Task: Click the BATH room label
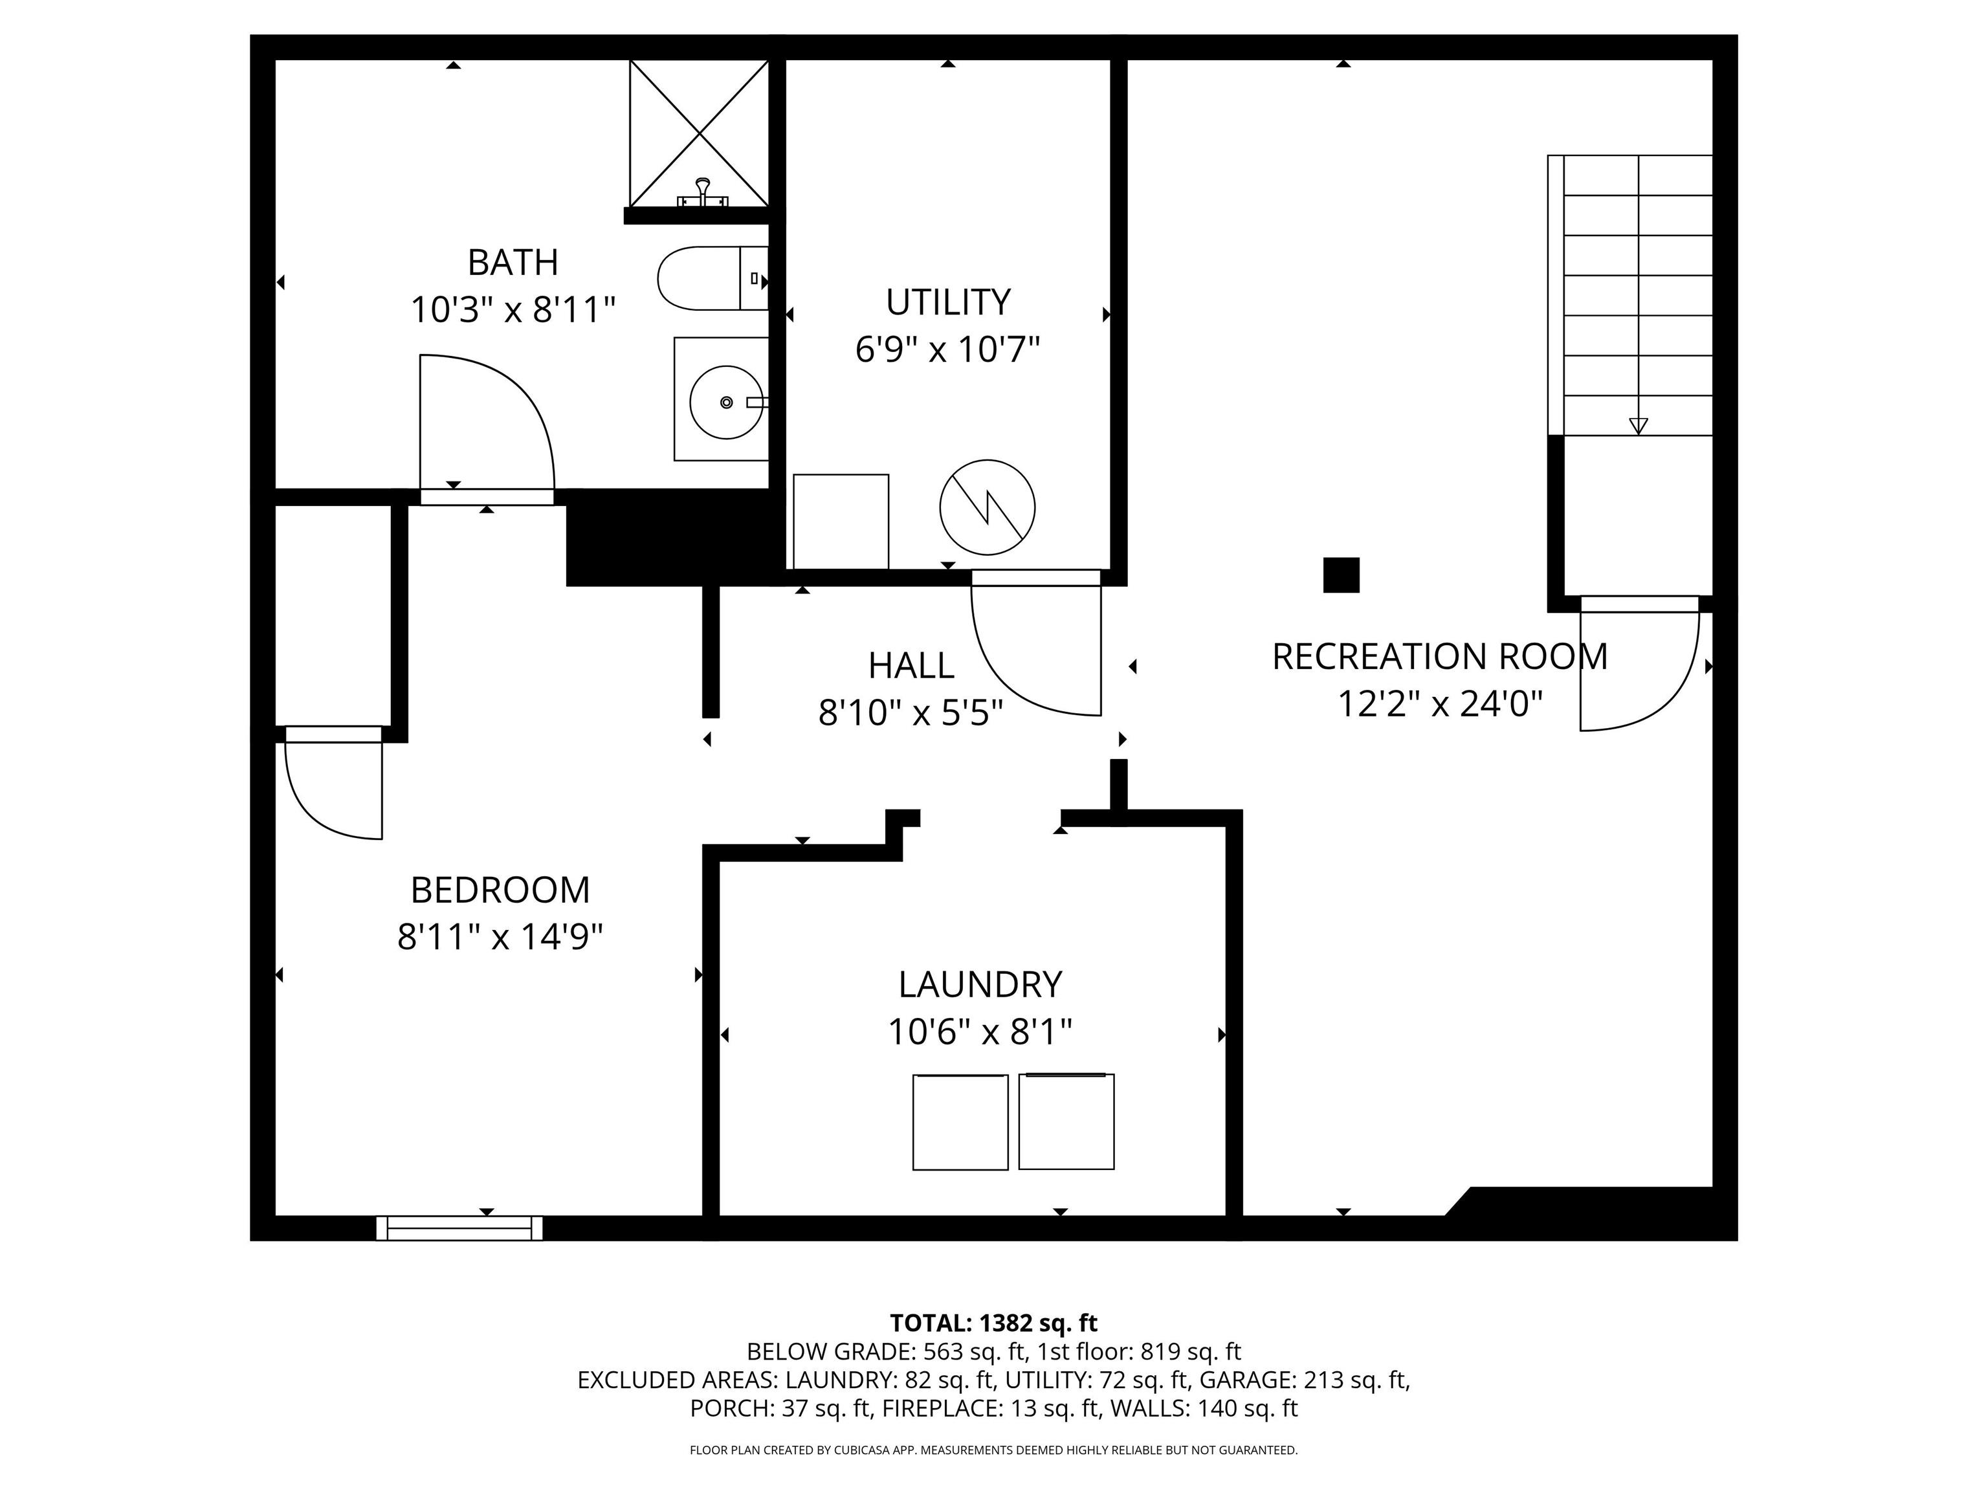click(513, 263)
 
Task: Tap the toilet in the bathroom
click(712, 279)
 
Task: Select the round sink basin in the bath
click(726, 402)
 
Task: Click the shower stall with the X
click(699, 133)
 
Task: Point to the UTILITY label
click(948, 302)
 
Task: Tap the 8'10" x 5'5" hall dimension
click(911, 712)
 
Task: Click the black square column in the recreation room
click(1341, 575)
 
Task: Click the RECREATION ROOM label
click(1440, 657)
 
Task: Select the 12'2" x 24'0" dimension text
click(1440, 703)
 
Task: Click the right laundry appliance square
click(1066, 1121)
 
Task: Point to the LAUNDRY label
click(980, 985)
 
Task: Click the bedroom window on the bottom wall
click(459, 1228)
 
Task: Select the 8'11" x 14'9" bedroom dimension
click(500, 938)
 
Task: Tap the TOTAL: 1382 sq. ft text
click(993, 1323)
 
